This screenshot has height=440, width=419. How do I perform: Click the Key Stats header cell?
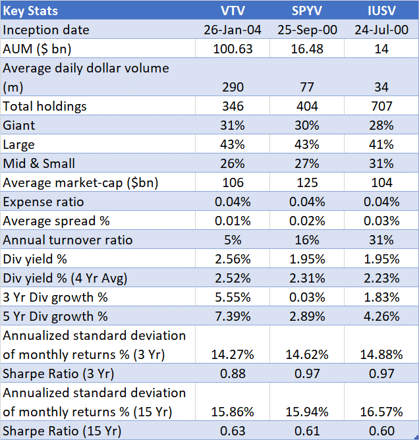[x=31, y=11]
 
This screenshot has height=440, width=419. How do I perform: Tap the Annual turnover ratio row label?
[x=68, y=240]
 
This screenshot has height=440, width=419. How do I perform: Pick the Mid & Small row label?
[x=40, y=163]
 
